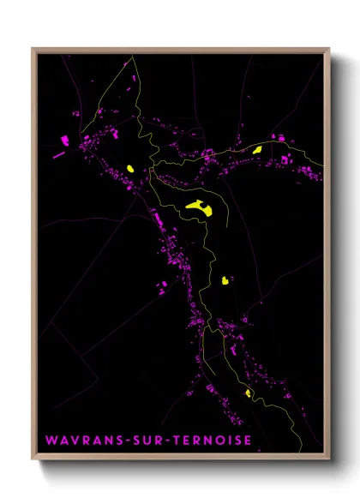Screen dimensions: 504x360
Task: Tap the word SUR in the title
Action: coord(145,441)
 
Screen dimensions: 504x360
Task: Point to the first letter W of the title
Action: coord(50,441)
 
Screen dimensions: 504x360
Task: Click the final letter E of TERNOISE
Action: coord(248,441)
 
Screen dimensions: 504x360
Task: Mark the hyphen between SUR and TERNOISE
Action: coord(165,441)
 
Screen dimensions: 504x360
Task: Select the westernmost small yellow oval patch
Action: coord(130,168)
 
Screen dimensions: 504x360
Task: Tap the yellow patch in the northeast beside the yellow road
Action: coord(256,150)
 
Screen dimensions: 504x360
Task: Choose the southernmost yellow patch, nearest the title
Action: coord(249,393)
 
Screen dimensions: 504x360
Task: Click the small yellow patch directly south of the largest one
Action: coord(225,279)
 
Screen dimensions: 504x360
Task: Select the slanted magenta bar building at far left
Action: coord(59,155)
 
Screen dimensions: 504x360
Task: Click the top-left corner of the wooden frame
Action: coord(33,49)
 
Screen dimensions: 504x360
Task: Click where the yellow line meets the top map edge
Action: coord(134,57)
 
